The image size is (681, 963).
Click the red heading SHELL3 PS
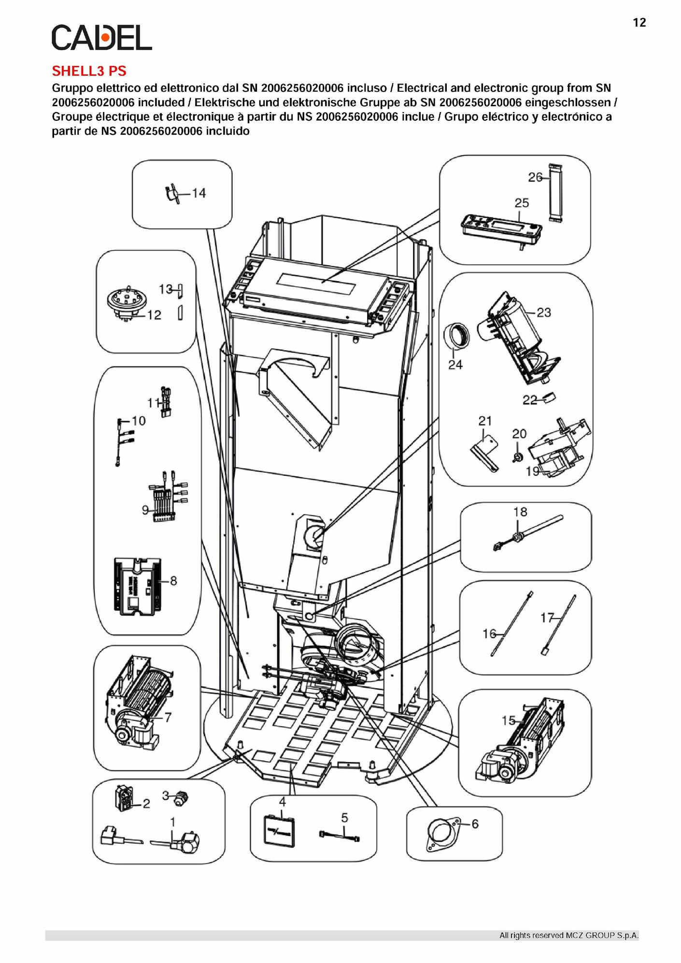coord(89,71)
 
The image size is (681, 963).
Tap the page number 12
coord(639,23)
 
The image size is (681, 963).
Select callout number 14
coord(199,193)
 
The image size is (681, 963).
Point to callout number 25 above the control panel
coord(522,203)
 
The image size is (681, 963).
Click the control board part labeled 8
coord(138,587)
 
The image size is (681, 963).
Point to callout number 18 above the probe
coord(520,511)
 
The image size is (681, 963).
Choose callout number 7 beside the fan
coord(168,718)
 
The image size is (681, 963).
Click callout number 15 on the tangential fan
coord(508,721)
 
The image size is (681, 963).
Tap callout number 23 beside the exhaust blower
coord(544,312)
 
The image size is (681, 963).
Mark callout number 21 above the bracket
coord(485,421)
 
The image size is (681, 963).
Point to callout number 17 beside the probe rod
coord(547,618)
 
